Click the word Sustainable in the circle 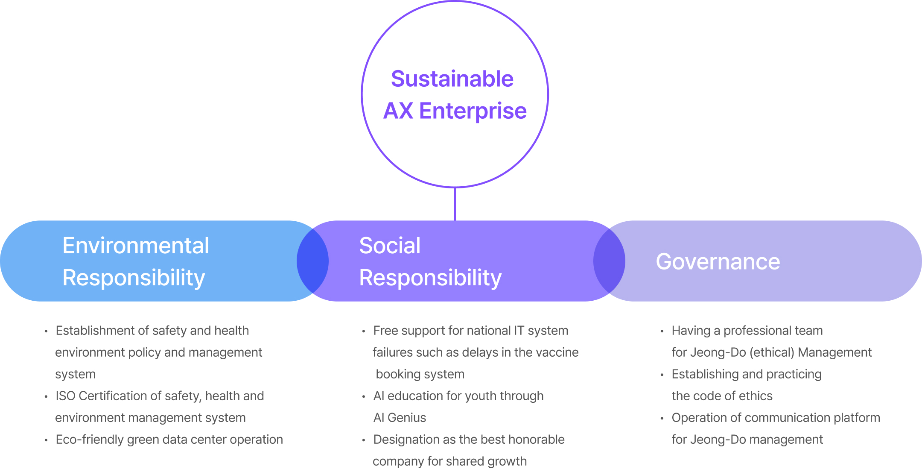(x=452, y=79)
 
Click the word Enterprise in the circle (x=473, y=111)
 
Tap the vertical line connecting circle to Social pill (x=455, y=204)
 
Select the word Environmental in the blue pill (x=136, y=246)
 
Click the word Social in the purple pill (x=390, y=246)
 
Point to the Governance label (x=718, y=261)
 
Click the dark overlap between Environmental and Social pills (x=312, y=261)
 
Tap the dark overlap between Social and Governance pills (x=609, y=261)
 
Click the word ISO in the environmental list (x=65, y=396)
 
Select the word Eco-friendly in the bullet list (x=90, y=440)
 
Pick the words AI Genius (x=400, y=418)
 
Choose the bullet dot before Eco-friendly (x=46, y=440)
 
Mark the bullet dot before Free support (x=363, y=331)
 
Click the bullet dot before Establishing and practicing (x=662, y=375)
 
